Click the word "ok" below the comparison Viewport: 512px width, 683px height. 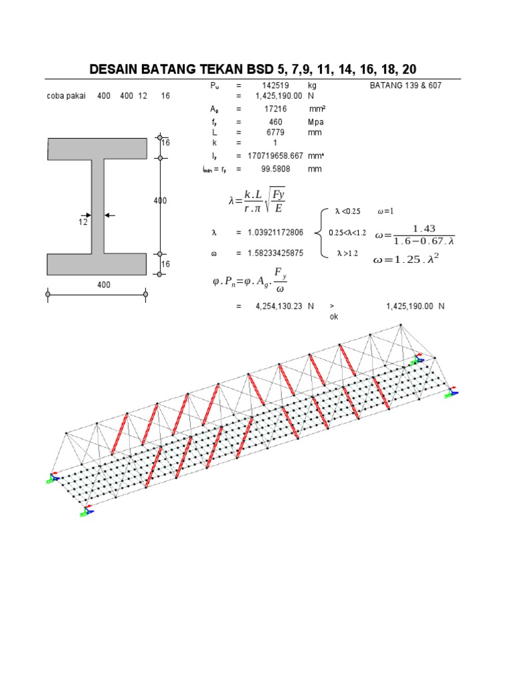(334, 317)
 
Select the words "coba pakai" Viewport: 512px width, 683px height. (66, 96)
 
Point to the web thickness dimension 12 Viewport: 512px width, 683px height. (83, 222)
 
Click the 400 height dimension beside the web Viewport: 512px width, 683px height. (159, 201)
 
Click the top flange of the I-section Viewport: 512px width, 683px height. (97, 149)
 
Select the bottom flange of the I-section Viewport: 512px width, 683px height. (97, 264)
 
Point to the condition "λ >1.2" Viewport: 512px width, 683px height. (347, 253)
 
